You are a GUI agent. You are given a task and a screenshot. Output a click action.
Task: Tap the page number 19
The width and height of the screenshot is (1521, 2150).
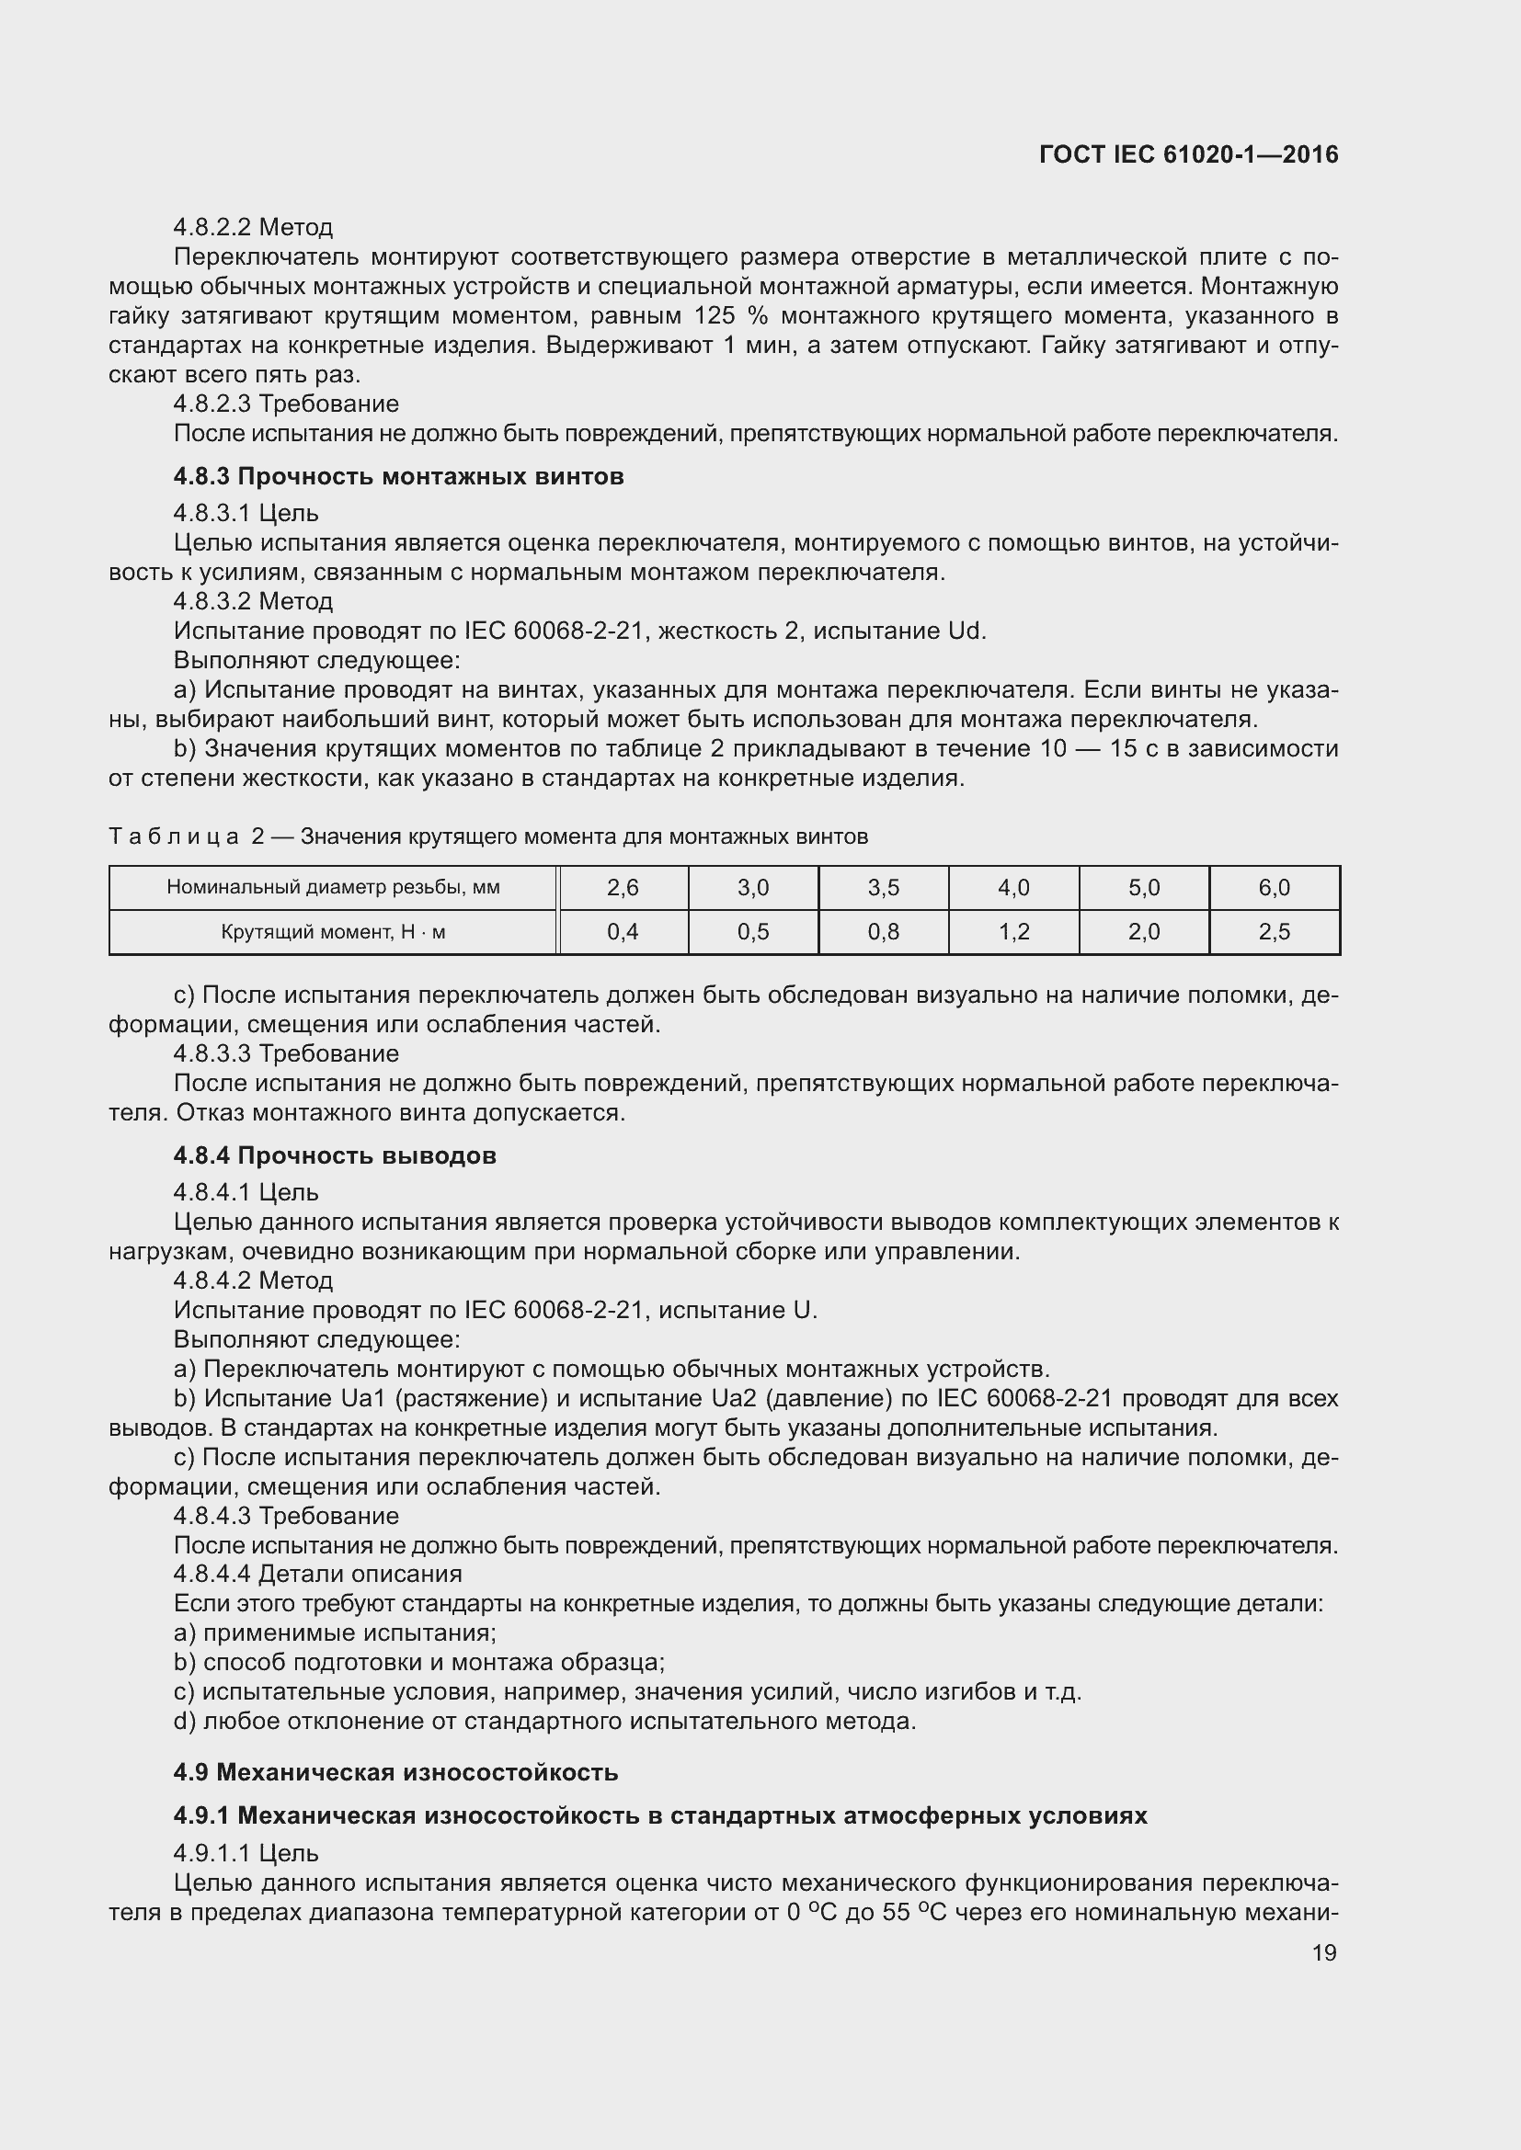click(x=1323, y=1952)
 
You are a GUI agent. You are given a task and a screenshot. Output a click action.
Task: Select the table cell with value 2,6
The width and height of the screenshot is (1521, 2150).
click(x=623, y=888)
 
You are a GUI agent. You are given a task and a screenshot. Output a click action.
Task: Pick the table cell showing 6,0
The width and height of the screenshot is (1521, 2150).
click(x=1274, y=888)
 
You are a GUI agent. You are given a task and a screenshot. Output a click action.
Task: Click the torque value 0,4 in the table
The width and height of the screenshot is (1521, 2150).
click(x=623, y=932)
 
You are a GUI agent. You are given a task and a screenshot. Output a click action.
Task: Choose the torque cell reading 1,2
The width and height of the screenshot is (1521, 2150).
click(x=1013, y=932)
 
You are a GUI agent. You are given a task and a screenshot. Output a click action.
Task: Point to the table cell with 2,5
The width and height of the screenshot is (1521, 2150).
click(x=1274, y=932)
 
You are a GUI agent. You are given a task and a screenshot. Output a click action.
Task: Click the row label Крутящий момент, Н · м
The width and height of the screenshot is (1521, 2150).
click(x=333, y=932)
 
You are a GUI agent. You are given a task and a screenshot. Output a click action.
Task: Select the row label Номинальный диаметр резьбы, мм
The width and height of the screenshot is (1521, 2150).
click(x=333, y=888)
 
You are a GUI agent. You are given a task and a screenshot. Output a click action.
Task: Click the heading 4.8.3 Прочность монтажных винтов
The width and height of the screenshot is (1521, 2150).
click(x=398, y=477)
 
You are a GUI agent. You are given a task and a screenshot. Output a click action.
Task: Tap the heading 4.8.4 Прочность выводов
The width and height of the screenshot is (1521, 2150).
click(x=335, y=1155)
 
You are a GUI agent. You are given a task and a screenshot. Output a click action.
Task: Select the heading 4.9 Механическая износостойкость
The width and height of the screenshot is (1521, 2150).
click(x=395, y=1772)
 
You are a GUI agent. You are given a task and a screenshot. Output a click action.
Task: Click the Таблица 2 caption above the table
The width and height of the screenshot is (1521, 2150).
click(x=487, y=836)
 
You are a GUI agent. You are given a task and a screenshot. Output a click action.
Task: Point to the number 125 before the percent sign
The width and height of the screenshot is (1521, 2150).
click(x=715, y=315)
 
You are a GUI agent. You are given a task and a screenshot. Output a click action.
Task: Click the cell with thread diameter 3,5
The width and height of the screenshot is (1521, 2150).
click(x=883, y=888)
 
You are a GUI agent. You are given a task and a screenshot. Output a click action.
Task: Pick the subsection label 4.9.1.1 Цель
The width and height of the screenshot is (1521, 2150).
click(x=246, y=1853)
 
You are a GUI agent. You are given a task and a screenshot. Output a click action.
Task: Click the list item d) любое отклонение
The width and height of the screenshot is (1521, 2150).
click(x=543, y=1721)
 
